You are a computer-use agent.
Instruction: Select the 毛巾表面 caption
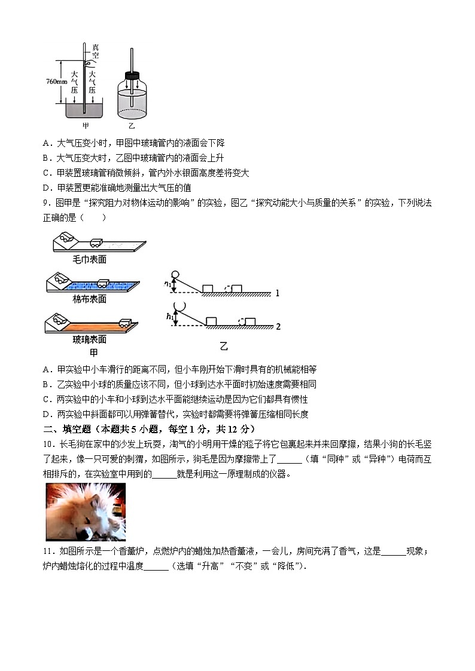(89, 259)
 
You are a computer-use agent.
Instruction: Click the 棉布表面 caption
(89, 299)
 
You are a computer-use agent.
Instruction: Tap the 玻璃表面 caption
(89, 339)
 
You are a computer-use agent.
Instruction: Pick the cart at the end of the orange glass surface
(126, 323)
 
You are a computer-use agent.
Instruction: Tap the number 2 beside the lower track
(278, 326)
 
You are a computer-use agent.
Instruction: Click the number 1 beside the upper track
(278, 293)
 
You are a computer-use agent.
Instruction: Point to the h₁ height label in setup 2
(169, 317)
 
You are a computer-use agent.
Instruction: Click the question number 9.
(45, 203)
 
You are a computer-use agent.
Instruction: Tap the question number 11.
(48, 551)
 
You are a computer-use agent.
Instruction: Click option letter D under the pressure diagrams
(46, 188)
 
